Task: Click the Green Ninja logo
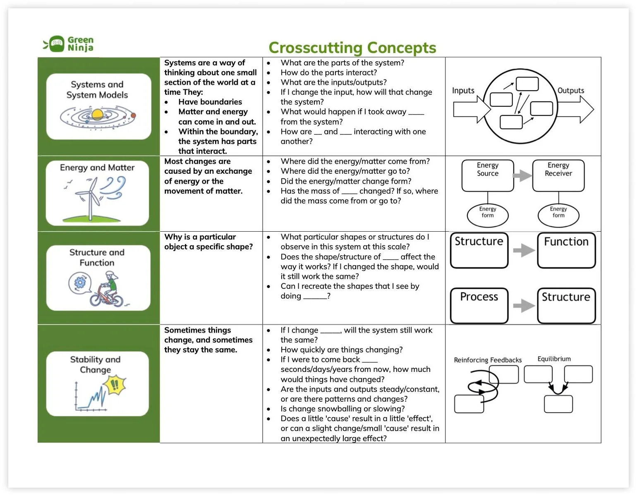coord(69,44)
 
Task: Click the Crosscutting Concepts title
coord(352,48)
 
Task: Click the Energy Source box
coord(488,176)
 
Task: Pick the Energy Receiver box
coord(558,176)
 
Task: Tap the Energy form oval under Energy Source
coord(488,214)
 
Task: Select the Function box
coord(566,250)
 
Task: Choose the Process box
coord(479,305)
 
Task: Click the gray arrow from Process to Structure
coord(523,306)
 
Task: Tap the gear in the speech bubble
coord(79,283)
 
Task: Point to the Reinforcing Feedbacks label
coord(488,360)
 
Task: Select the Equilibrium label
coord(554,359)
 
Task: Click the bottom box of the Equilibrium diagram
coord(558,404)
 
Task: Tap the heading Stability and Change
coord(96,364)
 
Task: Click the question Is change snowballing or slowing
coord(342,409)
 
